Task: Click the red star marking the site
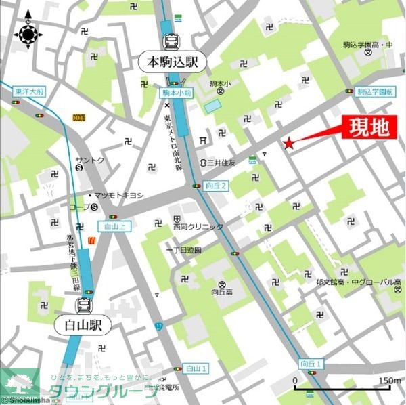tap(289, 142)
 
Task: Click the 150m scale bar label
tap(388, 381)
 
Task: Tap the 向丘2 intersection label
tap(216, 185)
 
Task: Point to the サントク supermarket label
tap(90, 161)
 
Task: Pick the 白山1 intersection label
tap(196, 368)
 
